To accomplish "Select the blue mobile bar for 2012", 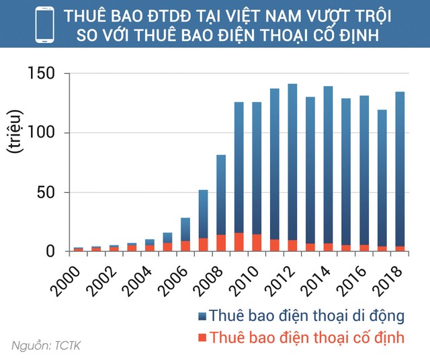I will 292,161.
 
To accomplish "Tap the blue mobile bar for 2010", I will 257,168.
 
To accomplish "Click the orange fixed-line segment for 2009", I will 239,242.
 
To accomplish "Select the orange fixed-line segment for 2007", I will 204,244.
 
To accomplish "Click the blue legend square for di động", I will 200,316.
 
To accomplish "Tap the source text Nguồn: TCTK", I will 45,346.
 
